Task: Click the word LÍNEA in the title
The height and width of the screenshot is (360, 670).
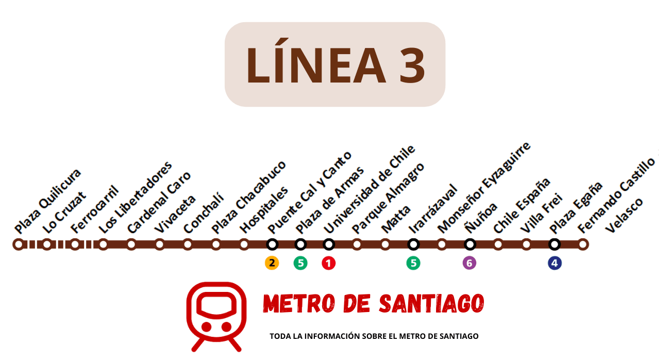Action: [x=315, y=66]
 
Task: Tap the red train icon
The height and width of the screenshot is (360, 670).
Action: [x=216, y=316]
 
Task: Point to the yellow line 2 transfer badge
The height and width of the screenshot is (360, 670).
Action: [x=272, y=263]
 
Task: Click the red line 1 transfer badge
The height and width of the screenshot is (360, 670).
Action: [x=328, y=263]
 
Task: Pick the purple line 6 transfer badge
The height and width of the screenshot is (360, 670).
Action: [x=469, y=263]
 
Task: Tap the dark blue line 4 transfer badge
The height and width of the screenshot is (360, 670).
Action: [x=555, y=263]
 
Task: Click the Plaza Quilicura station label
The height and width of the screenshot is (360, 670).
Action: [x=48, y=201]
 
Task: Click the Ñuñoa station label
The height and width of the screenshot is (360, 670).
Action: [x=481, y=217]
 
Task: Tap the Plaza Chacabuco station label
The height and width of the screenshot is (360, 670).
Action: [x=249, y=197]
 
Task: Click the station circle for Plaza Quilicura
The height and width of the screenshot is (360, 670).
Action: [x=19, y=244]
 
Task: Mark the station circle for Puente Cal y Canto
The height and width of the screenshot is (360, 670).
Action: [x=272, y=244]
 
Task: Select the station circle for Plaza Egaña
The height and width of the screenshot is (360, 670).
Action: [x=555, y=244]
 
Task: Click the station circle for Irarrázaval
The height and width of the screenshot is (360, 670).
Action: [x=413, y=244]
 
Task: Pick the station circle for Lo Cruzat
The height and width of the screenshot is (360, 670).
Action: [x=47, y=244]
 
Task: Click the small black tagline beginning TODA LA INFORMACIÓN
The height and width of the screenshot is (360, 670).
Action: [x=374, y=336]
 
